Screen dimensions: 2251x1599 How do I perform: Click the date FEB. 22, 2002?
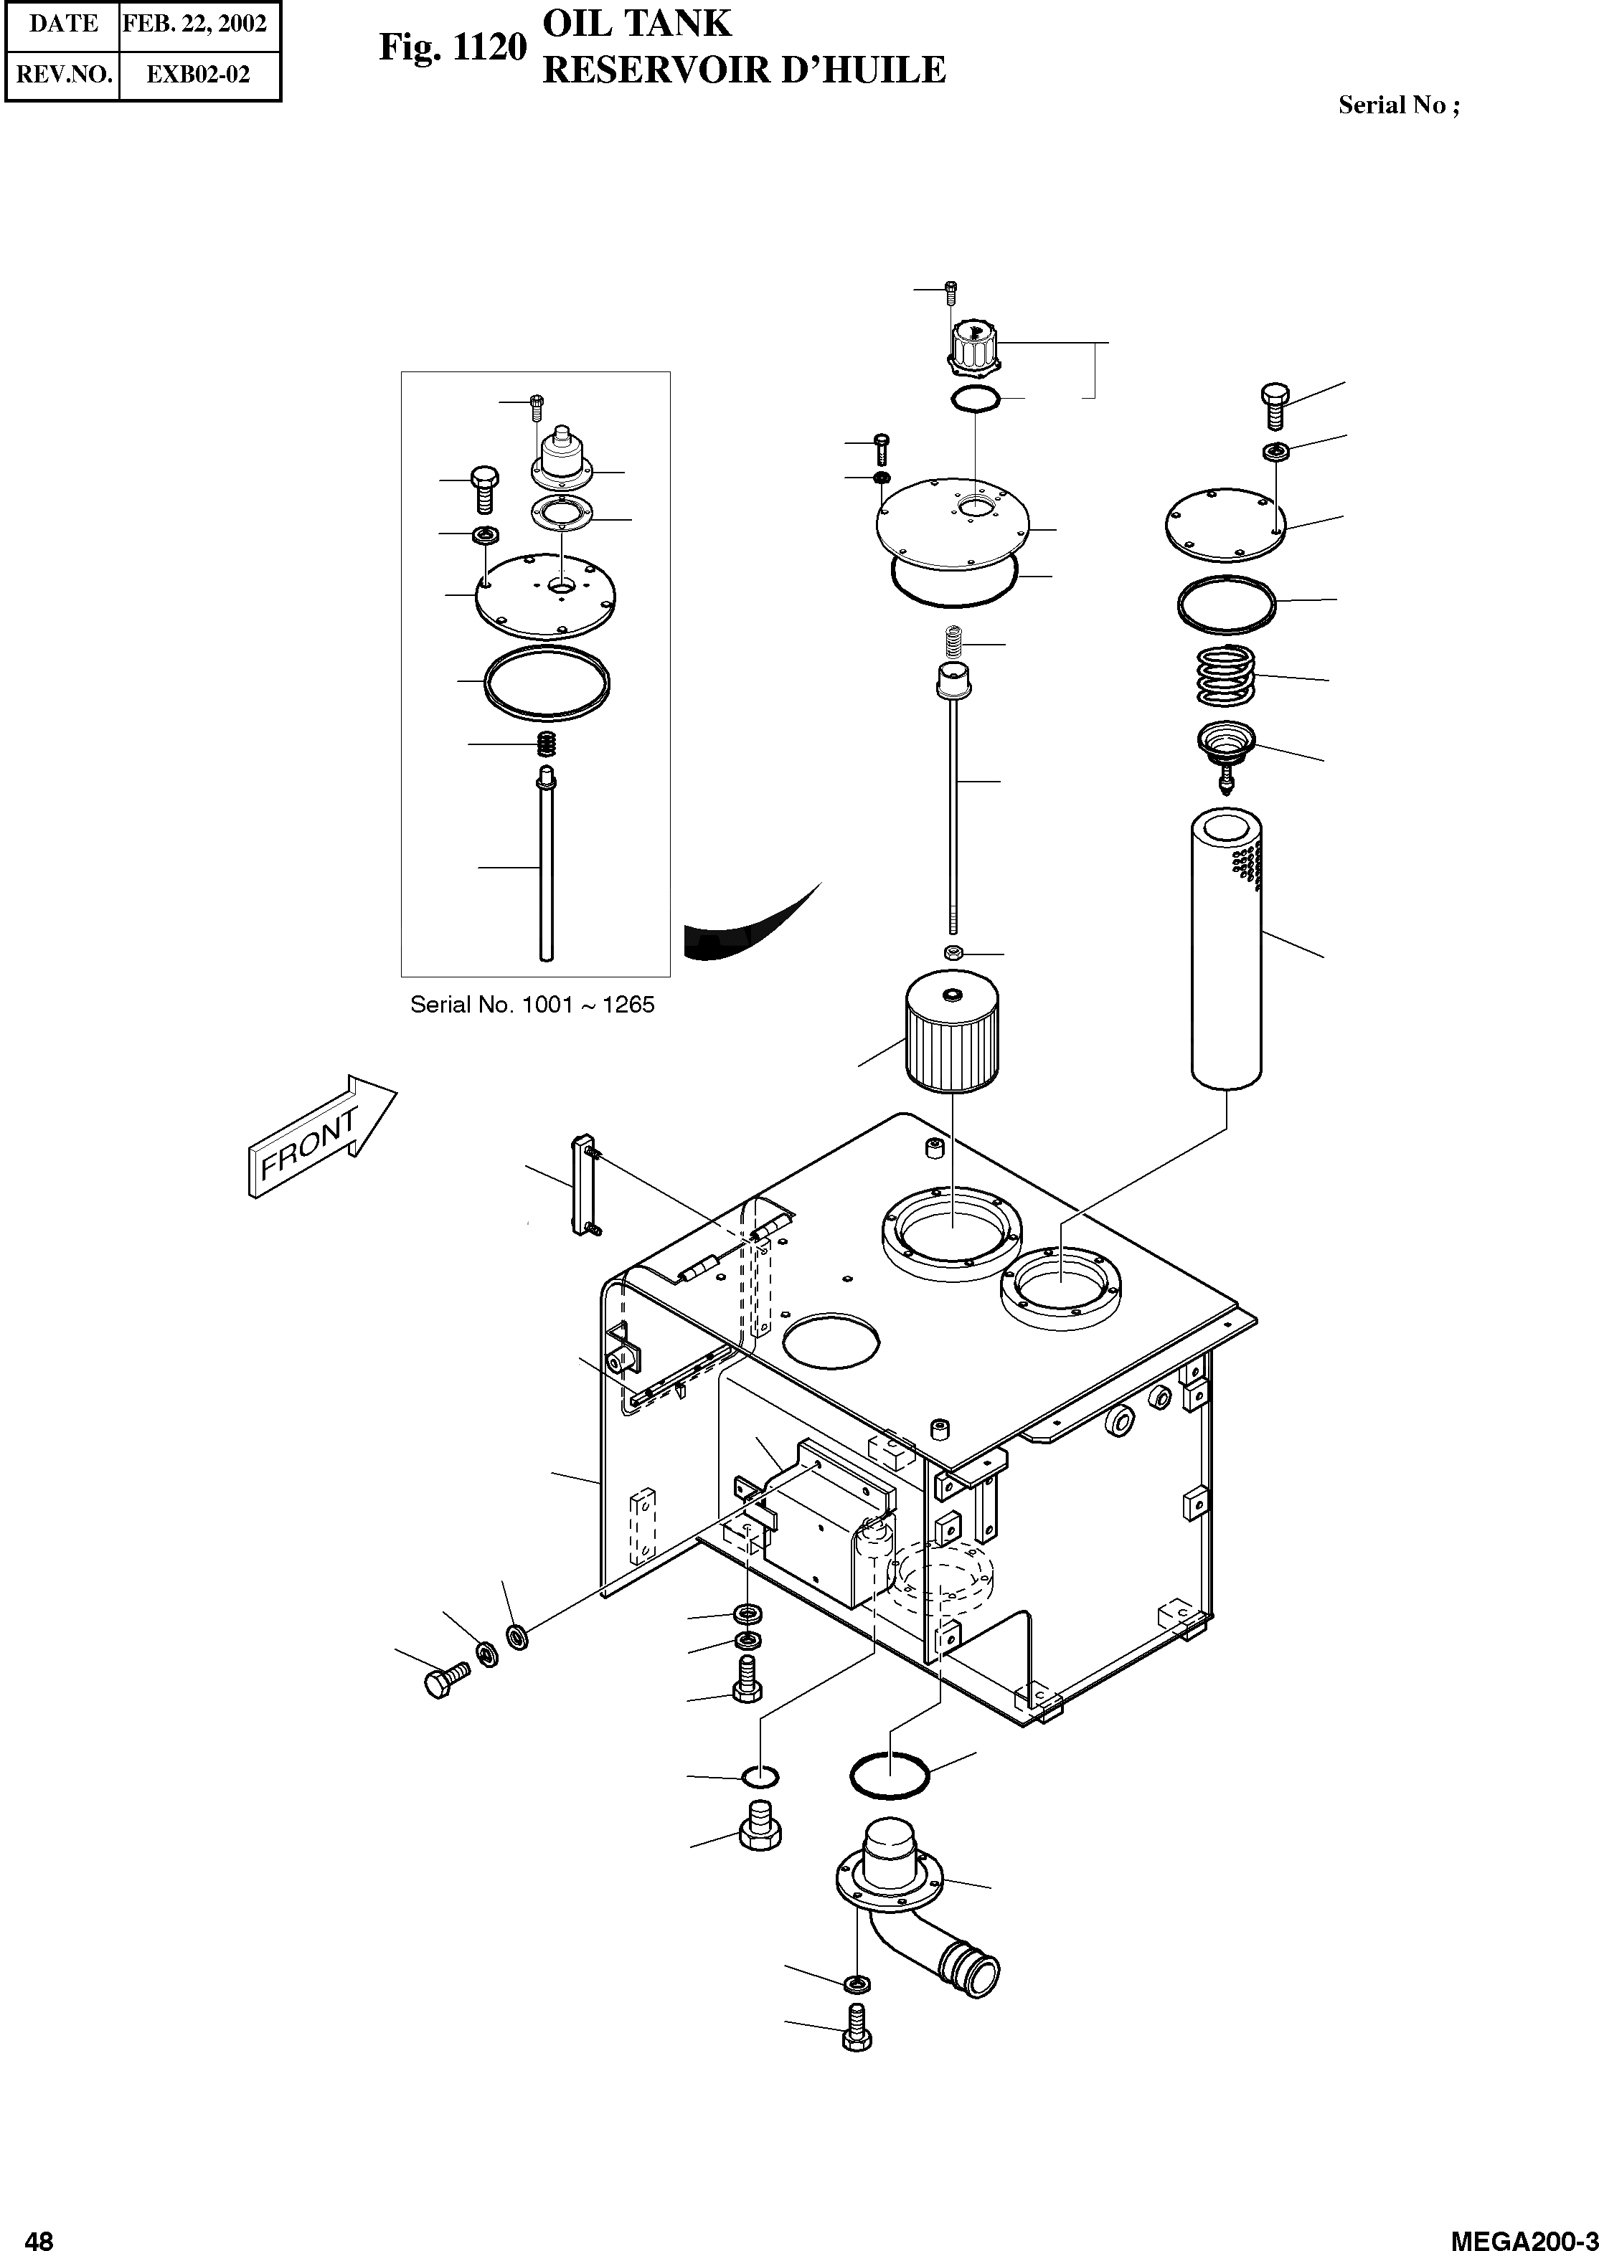[x=195, y=24]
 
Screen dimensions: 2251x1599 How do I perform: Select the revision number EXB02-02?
[x=198, y=74]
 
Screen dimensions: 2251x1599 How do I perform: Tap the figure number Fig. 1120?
[x=453, y=48]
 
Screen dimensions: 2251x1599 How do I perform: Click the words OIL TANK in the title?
[x=638, y=24]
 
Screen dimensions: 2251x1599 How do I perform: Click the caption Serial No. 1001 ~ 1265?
[x=532, y=1005]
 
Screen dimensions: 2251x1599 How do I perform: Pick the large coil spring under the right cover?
[x=1226, y=676]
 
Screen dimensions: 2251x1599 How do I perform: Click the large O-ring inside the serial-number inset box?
[x=547, y=681]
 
